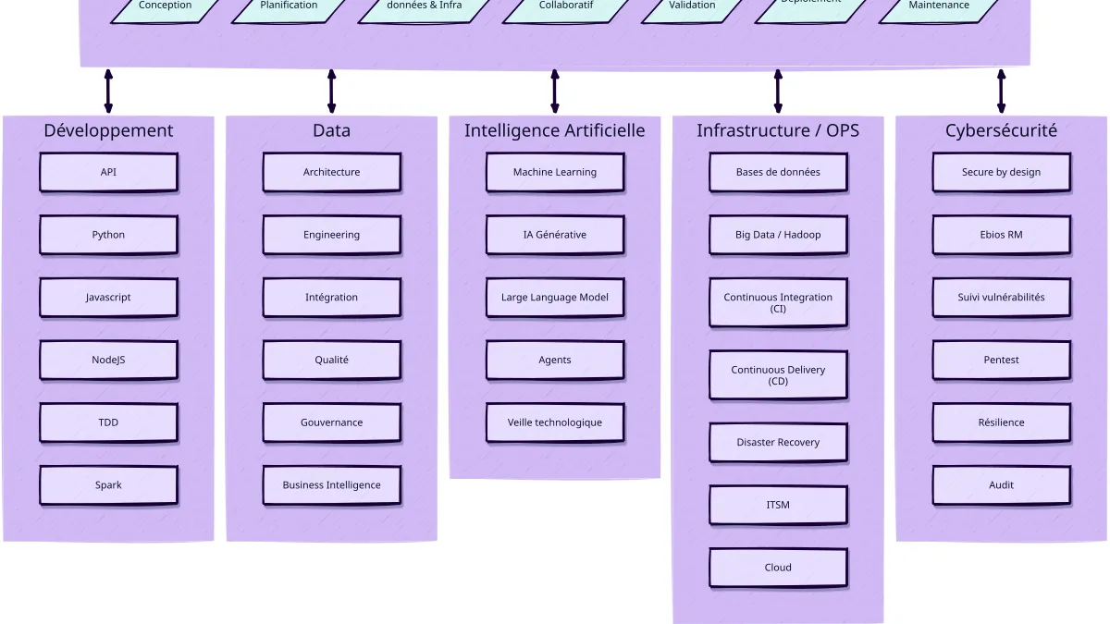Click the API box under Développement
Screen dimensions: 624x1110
point(108,172)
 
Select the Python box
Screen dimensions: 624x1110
point(108,235)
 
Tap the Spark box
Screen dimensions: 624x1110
point(108,485)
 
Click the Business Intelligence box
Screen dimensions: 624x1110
point(331,485)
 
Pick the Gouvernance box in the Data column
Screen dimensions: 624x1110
point(331,422)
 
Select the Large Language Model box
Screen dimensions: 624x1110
point(555,298)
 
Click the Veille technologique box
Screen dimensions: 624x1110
point(555,422)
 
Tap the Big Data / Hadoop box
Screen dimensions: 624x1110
point(778,235)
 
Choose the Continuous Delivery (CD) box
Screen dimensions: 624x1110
point(778,374)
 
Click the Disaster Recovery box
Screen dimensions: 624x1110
point(778,443)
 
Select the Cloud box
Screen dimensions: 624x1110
point(778,568)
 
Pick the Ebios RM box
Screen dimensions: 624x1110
point(1001,235)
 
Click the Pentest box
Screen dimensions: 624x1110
point(1001,360)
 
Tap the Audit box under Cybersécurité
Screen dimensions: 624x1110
point(1001,485)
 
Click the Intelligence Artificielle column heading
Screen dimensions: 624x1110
point(555,130)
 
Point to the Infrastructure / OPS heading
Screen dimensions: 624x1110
point(778,130)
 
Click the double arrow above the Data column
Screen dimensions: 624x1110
point(331,91)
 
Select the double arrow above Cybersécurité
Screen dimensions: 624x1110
point(1001,91)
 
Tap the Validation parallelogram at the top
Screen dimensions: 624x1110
point(692,7)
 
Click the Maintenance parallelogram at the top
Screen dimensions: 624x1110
point(939,7)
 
